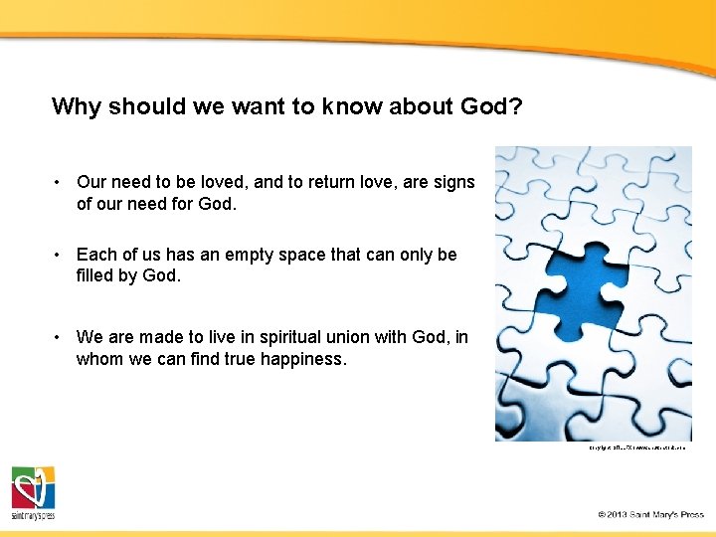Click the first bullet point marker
coord(60,182)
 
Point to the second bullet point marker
coord(60,255)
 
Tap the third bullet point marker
coord(60,337)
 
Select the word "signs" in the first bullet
coord(451,182)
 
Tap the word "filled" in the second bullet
coord(95,275)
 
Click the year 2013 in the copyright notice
coord(624,514)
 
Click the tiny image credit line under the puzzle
coord(637,448)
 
